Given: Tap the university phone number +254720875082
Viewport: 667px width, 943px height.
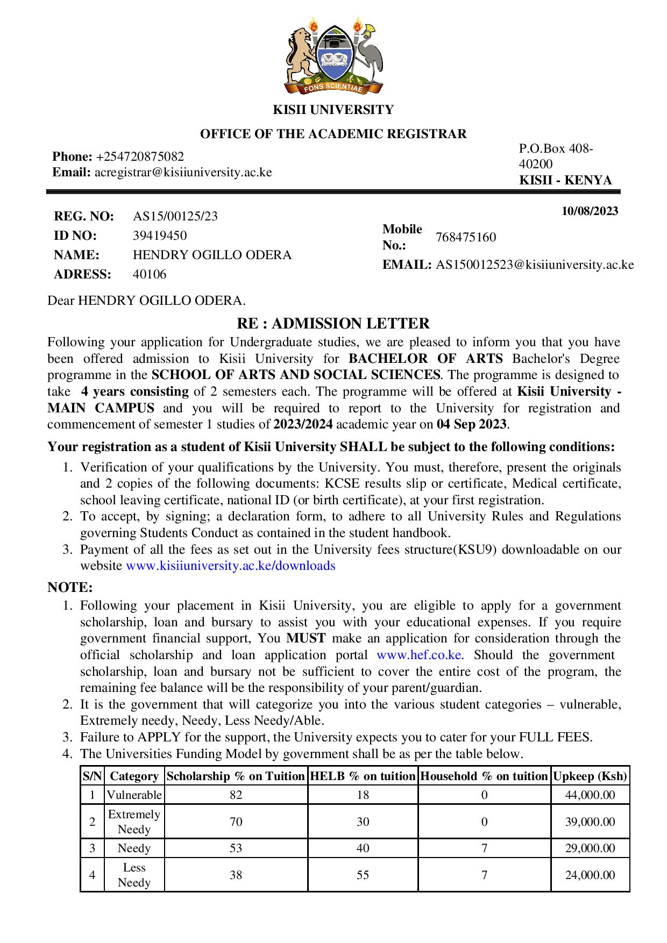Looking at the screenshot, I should (x=140, y=156).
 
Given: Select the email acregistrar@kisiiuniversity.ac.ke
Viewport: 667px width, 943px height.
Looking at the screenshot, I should (x=183, y=172).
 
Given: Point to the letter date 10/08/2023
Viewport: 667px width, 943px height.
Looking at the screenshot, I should (x=590, y=211).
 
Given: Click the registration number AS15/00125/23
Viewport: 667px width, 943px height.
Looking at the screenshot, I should (x=175, y=216).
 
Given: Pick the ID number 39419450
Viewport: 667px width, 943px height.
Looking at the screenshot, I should (x=160, y=235).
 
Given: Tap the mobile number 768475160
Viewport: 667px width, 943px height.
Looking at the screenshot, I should (x=466, y=237).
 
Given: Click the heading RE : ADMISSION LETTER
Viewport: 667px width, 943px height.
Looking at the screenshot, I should (x=333, y=324).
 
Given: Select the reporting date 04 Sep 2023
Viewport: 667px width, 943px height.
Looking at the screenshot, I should (x=471, y=424).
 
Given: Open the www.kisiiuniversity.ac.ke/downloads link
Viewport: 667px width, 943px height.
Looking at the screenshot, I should (x=230, y=566).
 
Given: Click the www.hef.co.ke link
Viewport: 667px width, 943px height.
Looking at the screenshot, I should (x=418, y=655).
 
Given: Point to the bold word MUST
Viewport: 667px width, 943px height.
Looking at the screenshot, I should (x=306, y=638).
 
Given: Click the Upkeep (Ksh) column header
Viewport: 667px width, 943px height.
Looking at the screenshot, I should (x=590, y=776).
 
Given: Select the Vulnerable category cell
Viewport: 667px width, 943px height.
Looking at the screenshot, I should (x=134, y=795).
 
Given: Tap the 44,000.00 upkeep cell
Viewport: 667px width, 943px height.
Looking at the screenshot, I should (x=590, y=795).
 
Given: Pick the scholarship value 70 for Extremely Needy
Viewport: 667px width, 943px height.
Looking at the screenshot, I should (x=236, y=821).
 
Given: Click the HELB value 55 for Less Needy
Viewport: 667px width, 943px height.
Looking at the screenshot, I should (x=363, y=875).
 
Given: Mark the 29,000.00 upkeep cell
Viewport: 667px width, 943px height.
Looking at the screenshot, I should (x=590, y=848).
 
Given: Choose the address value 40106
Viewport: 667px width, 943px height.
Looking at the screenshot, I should (x=150, y=274).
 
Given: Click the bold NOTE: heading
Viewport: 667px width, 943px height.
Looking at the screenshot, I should (x=70, y=587).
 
